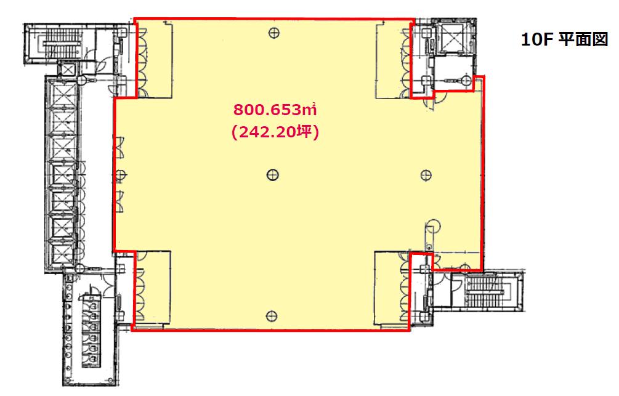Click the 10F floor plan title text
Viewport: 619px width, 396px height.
pos(564,39)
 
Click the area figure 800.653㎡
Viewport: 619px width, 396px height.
pos(275,110)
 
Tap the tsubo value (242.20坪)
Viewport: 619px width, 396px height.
pos(275,132)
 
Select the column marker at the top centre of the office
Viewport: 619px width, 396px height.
pos(274,33)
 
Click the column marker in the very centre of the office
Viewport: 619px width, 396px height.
pos(273,174)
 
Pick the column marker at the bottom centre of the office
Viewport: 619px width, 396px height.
pos(272,315)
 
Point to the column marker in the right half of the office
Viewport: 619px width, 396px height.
pos(426,175)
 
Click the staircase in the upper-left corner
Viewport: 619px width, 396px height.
pos(59,44)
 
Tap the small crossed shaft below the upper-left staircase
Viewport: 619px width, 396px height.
pos(68,70)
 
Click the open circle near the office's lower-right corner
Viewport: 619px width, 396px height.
pos(433,225)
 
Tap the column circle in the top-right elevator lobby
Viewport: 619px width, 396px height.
pos(466,80)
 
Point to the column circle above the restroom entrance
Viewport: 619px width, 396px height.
pos(81,268)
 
